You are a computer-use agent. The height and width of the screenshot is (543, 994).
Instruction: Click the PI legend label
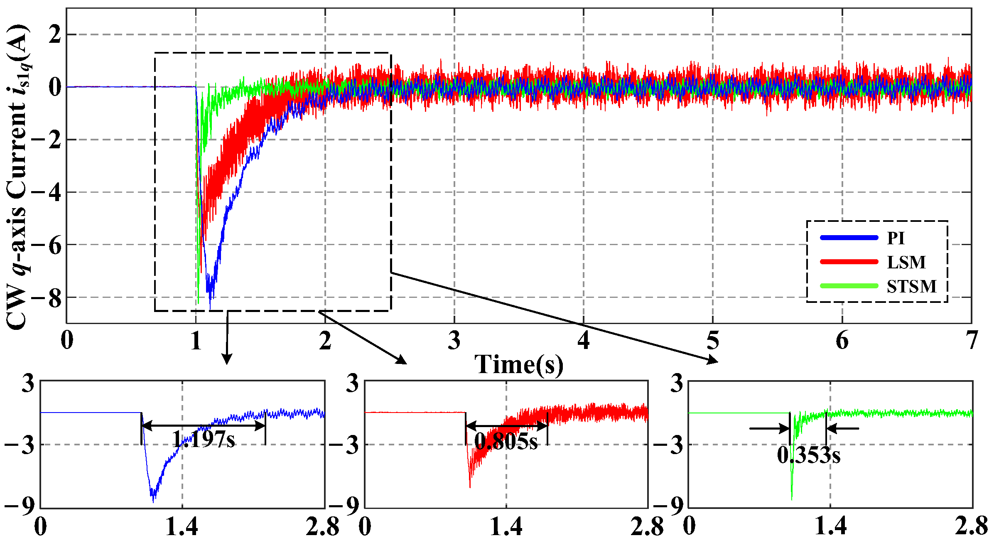point(896,238)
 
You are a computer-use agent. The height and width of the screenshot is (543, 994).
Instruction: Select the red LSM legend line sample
point(849,262)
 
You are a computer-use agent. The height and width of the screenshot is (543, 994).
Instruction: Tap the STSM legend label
point(911,286)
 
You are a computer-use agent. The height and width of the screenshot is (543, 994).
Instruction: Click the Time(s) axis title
point(519,364)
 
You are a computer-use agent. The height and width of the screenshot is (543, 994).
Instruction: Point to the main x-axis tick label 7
point(971,341)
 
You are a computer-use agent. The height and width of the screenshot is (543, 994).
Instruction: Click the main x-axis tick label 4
point(583,341)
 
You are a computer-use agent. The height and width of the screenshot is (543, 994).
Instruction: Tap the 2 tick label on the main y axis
point(54,34)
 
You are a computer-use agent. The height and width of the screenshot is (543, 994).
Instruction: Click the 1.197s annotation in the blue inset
point(204,439)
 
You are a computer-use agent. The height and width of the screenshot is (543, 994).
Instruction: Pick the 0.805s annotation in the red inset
point(506,441)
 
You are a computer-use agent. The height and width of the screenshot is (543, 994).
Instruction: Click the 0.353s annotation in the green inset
point(808,455)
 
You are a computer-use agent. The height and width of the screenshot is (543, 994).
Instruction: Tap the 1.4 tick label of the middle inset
point(506,527)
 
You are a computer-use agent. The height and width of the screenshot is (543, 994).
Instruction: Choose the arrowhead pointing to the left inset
point(226,359)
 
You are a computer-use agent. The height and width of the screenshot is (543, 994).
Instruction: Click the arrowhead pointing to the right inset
point(713,360)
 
